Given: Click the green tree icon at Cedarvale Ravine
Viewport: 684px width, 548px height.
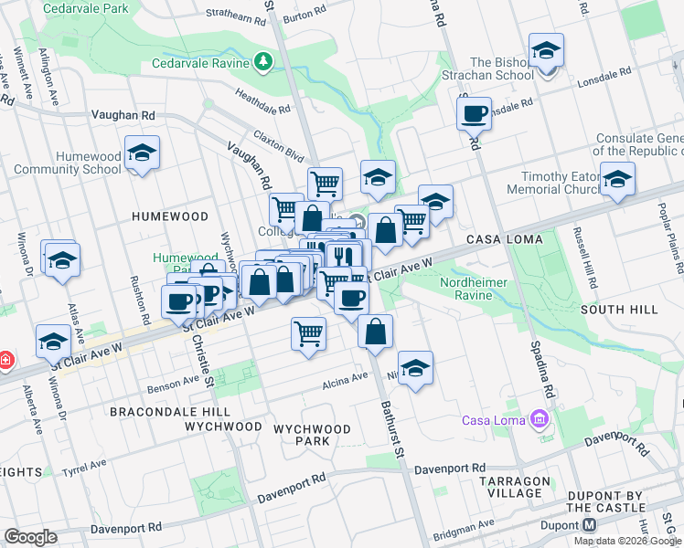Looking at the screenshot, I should pos(263,61).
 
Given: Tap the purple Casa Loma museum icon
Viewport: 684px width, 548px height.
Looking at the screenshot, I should pos(539,419).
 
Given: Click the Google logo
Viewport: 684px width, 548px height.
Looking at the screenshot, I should pos(30,537).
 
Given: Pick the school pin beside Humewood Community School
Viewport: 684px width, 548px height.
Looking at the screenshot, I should pos(142,155).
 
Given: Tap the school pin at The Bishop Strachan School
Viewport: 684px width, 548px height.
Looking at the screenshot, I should pos(546,53).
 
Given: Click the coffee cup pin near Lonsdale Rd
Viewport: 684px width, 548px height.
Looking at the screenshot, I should pos(474,114).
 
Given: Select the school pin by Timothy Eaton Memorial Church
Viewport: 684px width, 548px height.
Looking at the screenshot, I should pos(617,180).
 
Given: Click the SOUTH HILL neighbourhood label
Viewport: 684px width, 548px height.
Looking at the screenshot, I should pos(619,310).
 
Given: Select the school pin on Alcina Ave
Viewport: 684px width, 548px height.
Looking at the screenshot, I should pos(415,369).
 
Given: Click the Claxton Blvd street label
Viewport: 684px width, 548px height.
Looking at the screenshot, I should pos(279,145).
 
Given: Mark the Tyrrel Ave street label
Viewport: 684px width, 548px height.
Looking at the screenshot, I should pos(85,468).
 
